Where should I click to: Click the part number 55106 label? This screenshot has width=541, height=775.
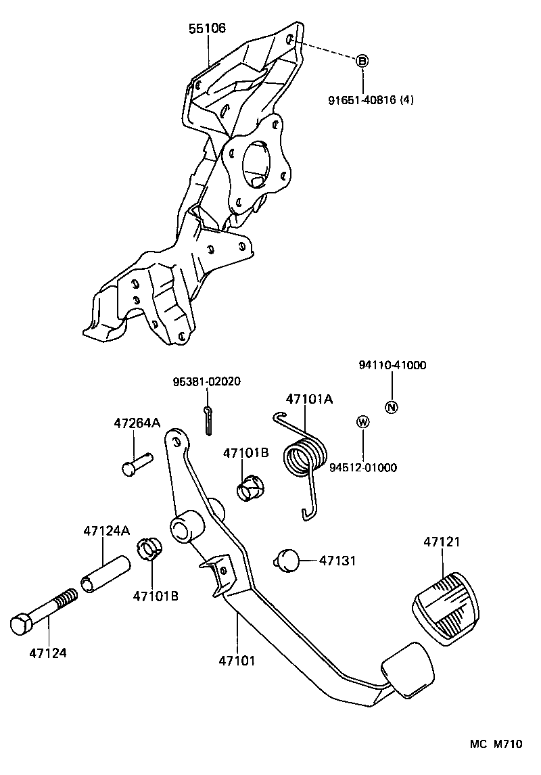tap(207, 28)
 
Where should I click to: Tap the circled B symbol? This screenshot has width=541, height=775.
tap(362, 61)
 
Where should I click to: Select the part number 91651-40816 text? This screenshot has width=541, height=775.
tap(371, 100)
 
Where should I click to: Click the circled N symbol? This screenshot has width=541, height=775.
tap(392, 407)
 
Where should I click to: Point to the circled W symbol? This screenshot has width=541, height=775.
tap(363, 423)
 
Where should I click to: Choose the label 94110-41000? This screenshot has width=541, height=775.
tap(392, 365)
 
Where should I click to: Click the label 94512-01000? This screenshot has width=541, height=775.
tap(363, 467)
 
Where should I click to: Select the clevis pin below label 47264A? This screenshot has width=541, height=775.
tap(137, 465)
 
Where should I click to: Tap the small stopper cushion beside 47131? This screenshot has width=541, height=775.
tap(288, 560)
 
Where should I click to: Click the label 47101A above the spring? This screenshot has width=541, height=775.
tap(309, 399)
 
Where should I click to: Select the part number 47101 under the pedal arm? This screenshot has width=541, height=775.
tap(237, 659)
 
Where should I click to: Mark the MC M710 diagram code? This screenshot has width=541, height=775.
tap(497, 744)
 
